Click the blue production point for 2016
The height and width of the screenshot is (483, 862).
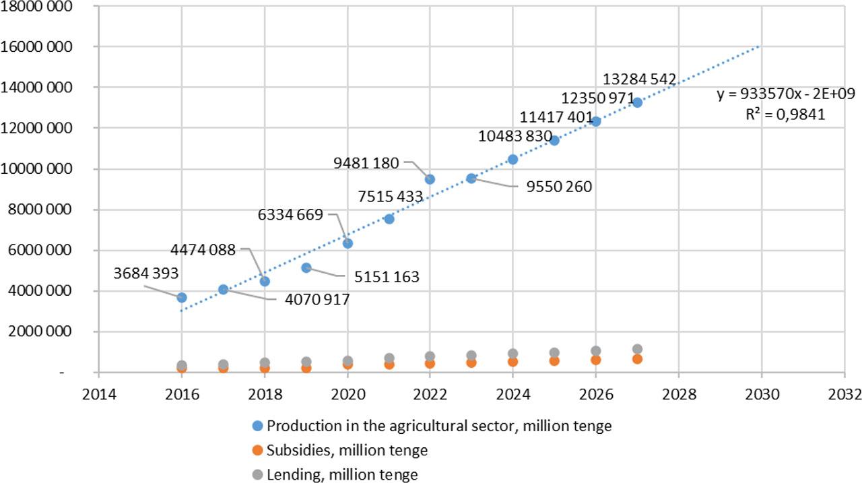tap(182, 297)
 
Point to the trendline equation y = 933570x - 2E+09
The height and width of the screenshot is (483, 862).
tap(786, 94)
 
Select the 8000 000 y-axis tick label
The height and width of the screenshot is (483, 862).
tap(50, 210)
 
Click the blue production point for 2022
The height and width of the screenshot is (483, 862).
tap(430, 179)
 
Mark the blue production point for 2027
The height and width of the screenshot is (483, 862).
tap(637, 102)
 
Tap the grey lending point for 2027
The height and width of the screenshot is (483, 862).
tap(637, 349)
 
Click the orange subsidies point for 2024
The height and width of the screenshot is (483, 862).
tap(512, 362)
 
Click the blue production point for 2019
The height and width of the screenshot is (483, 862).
tap(306, 267)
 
